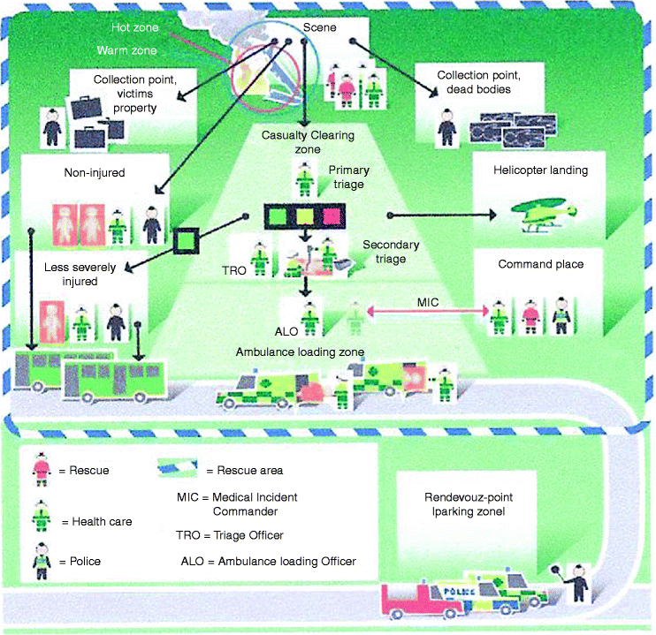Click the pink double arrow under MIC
[426, 311]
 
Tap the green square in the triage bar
[276, 215]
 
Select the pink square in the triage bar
[332, 215]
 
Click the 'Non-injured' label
[94, 173]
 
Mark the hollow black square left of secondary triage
[187, 240]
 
